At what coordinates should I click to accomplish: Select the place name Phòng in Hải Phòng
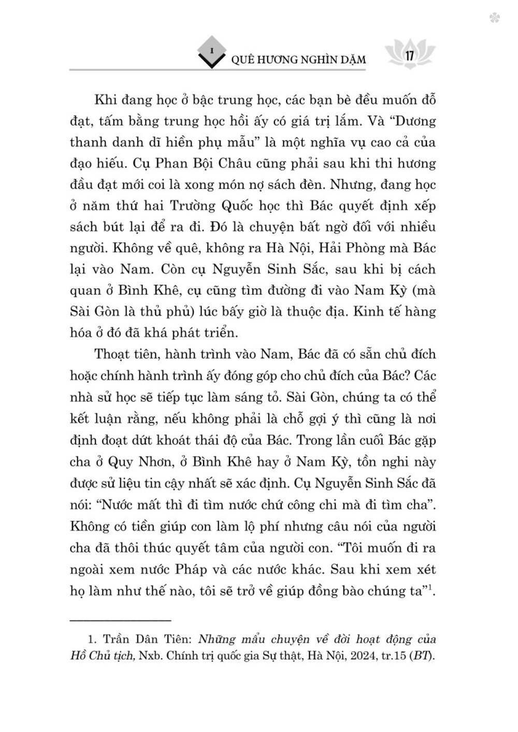click(x=368, y=248)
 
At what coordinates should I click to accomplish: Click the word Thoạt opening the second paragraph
click(x=116, y=355)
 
